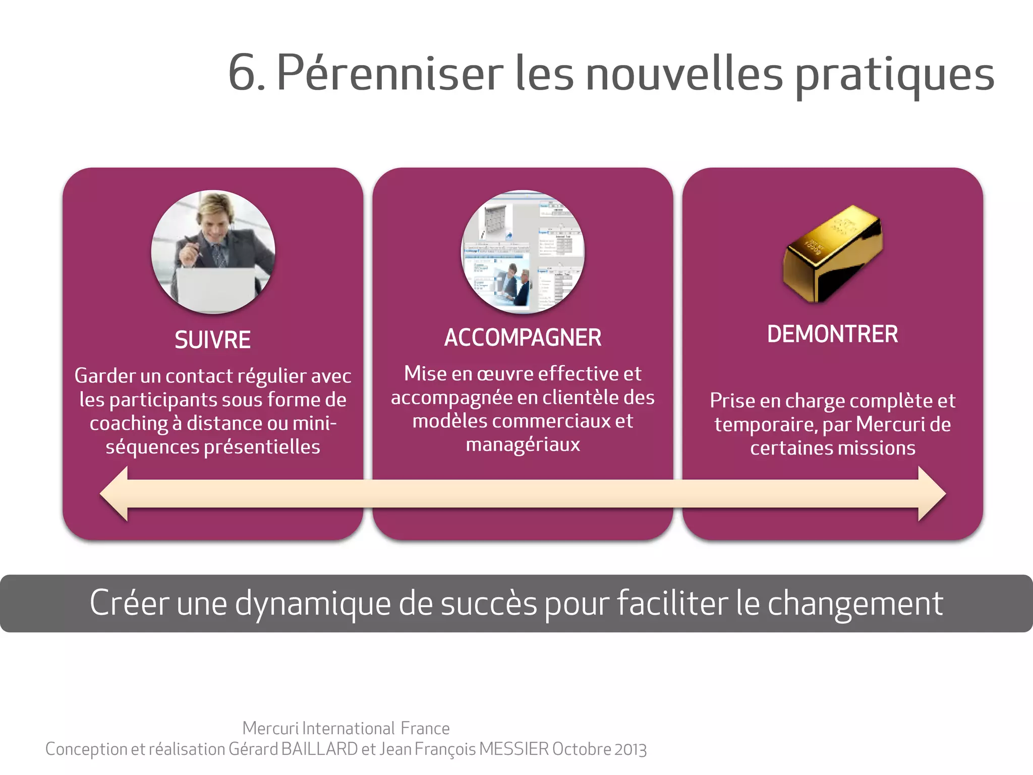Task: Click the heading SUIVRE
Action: (x=212, y=340)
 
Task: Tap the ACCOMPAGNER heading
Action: (x=523, y=338)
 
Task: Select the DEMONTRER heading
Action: (x=832, y=335)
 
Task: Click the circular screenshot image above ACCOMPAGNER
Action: (x=523, y=252)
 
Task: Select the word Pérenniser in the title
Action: (x=390, y=73)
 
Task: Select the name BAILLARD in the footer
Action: (x=319, y=749)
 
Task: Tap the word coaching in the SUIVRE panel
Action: (x=129, y=424)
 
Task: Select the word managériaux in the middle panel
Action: (x=523, y=445)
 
